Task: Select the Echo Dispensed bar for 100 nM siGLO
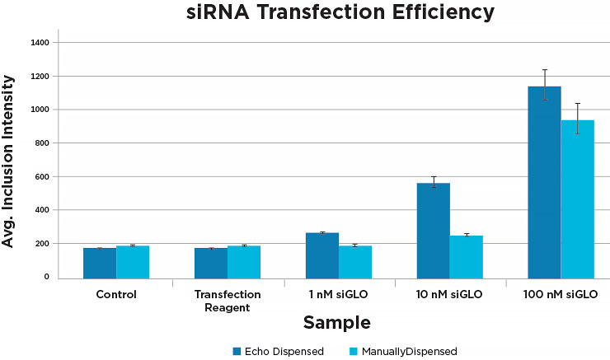(x=544, y=181)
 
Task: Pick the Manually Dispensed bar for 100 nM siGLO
(x=577, y=199)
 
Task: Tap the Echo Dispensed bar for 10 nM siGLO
(x=433, y=230)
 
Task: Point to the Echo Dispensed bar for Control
(x=100, y=262)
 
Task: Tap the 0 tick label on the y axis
(x=46, y=278)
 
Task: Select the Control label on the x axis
(x=116, y=294)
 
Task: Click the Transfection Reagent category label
(x=228, y=300)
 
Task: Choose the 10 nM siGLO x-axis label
(x=449, y=294)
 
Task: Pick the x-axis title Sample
(x=336, y=322)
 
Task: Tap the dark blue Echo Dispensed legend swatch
(x=237, y=351)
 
